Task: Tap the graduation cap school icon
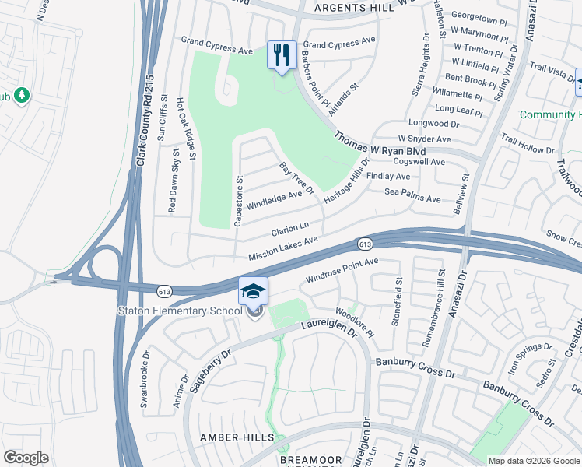point(253,292)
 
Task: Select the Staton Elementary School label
point(180,311)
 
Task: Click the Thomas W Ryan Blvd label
point(381,146)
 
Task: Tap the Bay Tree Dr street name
point(296,178)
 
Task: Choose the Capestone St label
point(240,201)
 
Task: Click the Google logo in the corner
point(26,458)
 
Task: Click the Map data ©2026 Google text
point(533,461)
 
